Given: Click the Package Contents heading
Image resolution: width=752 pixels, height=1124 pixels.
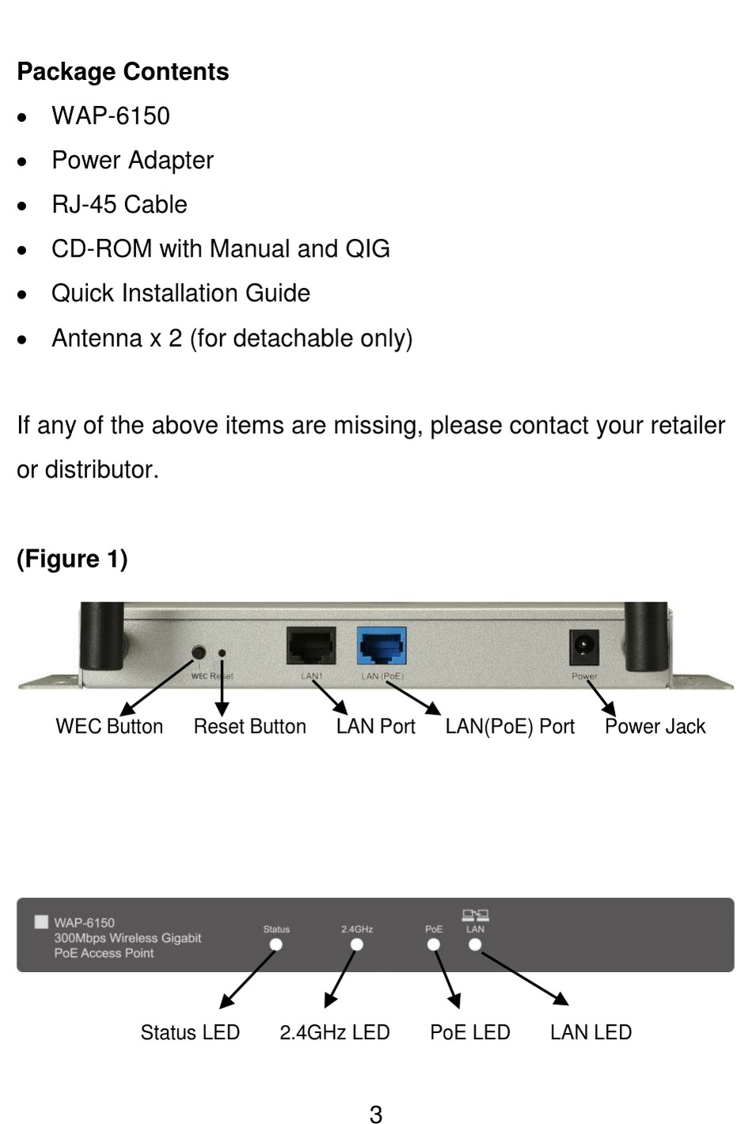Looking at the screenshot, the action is pos(123,72).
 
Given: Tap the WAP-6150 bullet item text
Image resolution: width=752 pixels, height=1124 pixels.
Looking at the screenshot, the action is pos(111,116).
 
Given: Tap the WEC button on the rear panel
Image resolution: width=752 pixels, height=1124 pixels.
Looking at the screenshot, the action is pos(199,652).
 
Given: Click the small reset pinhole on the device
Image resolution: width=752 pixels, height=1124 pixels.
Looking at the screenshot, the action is pos(222,654).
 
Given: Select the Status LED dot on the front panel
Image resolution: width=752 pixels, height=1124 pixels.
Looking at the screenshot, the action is pos(276,945).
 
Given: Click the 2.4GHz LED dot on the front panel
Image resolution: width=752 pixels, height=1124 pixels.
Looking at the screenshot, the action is pos(357,945).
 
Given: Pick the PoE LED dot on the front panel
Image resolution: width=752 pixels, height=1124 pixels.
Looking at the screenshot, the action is pos(434,945).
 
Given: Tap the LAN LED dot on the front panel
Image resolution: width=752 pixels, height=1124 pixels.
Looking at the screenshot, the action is pos(475,944).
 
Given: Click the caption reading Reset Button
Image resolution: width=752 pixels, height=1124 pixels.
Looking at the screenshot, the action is pos(249,727).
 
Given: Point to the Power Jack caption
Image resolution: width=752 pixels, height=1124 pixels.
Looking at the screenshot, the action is pos(655,727).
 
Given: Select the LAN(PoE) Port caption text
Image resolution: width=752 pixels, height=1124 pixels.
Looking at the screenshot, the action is pos(510,727).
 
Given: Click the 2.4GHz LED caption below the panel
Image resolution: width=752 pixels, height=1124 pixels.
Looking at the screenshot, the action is pos(335,1033).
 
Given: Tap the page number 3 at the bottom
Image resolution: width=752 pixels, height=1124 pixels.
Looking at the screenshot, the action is pos(376,1115).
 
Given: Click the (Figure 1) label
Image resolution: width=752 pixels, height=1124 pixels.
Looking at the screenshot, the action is pos(72,560).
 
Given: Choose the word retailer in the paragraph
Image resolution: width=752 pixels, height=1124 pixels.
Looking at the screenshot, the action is pos(687,426).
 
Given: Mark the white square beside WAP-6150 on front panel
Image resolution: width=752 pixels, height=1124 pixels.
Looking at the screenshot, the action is pos(42,922).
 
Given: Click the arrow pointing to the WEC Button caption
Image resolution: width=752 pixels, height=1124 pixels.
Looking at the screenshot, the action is pos(157,685).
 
